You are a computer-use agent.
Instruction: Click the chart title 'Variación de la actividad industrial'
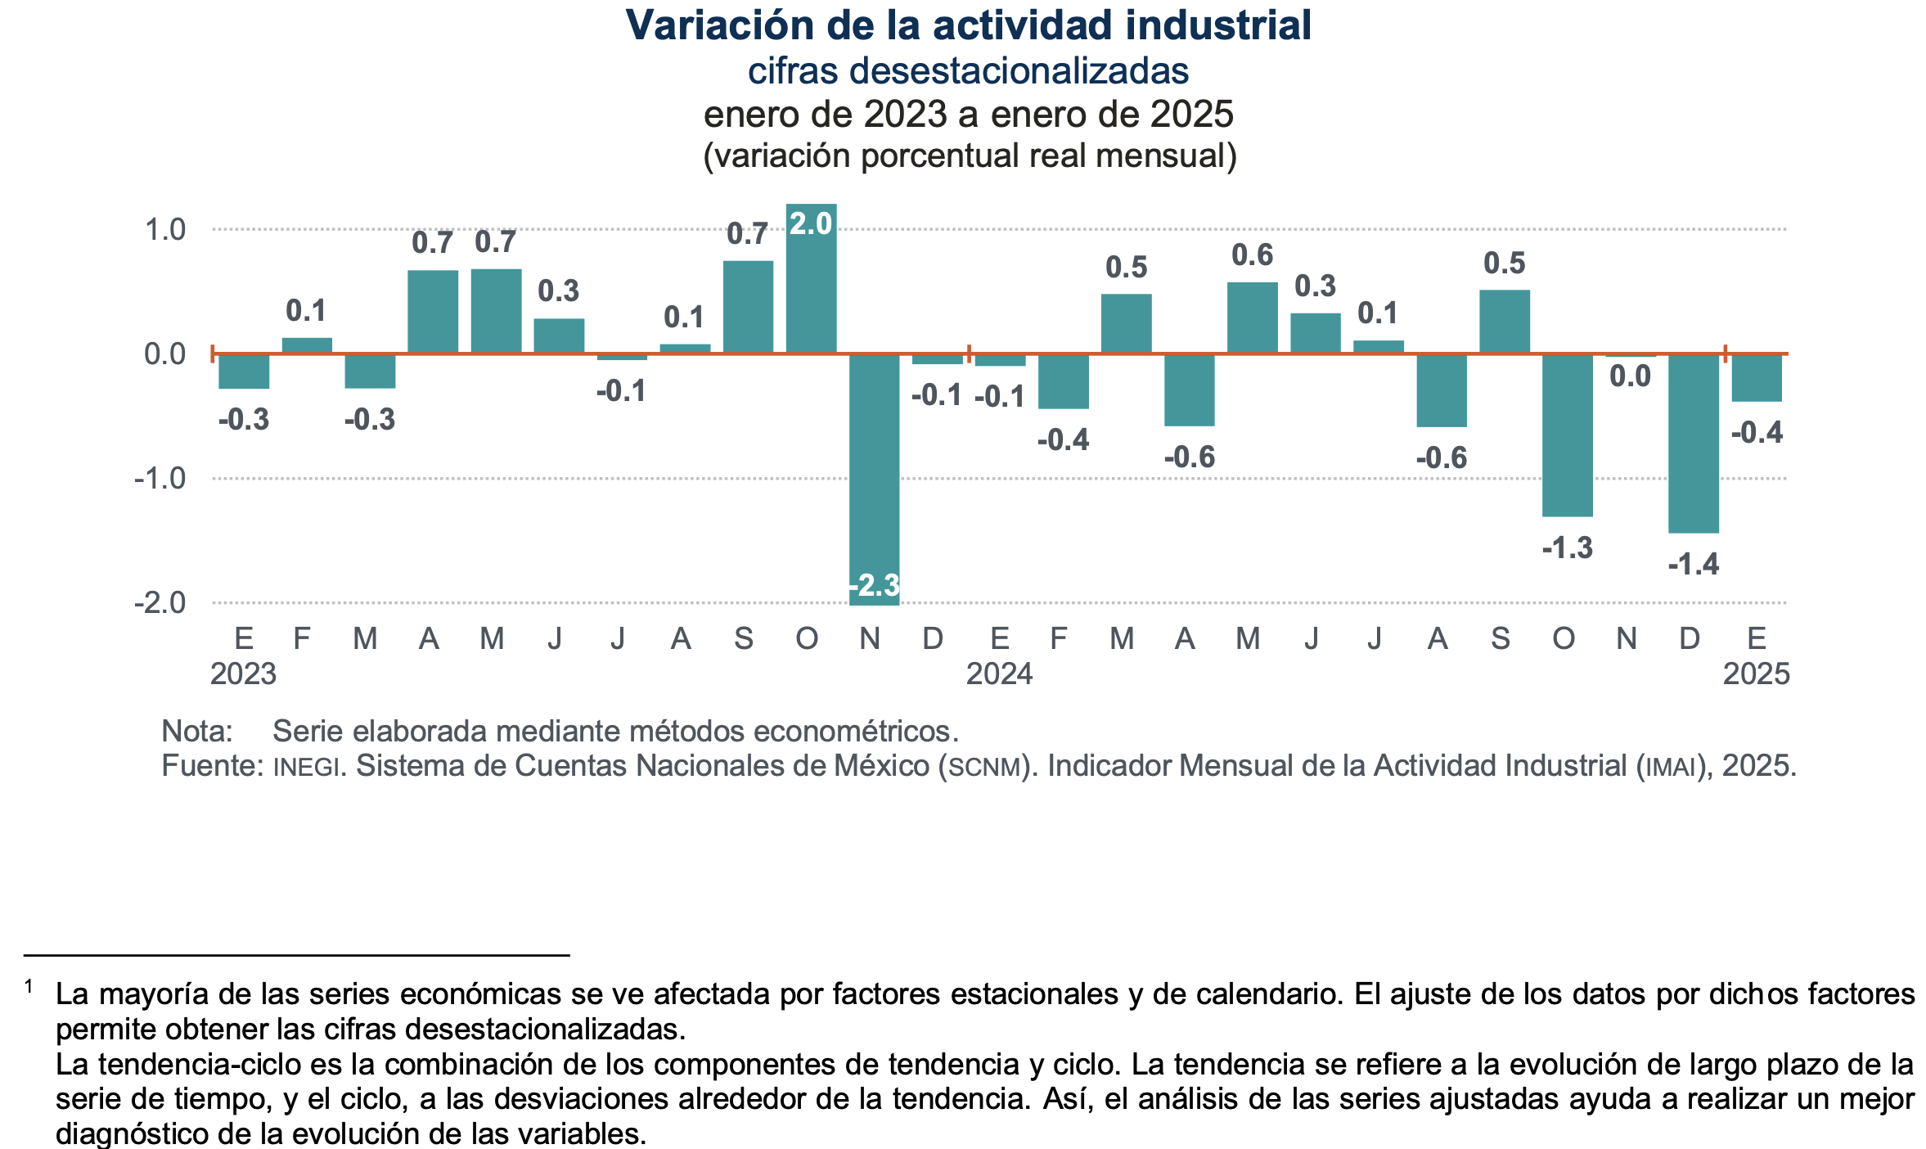(968, 25)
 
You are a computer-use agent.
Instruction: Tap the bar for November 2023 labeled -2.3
(874, 479)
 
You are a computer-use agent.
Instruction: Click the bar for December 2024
(1693, 443)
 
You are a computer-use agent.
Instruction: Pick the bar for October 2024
(1567, 435)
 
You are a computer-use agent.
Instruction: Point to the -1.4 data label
(1693, 564)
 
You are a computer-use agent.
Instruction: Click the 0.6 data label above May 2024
(1252, 255)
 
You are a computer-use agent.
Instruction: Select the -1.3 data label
(1567, 547)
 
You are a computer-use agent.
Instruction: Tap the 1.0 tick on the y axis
(165, 230)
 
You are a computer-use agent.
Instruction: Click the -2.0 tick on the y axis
(160, 603)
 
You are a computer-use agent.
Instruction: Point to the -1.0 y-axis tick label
(160, 479)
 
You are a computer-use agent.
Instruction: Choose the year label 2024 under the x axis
(999, 674)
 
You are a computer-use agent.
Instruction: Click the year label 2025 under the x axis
(1756, 674)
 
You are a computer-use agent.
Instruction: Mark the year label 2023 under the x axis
(243, 674)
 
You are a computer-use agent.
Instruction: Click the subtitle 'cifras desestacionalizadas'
(968, 71)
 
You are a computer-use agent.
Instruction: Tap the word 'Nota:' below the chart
(197, 731)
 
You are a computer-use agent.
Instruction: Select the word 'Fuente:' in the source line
(212, 766)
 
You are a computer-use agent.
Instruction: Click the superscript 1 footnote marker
(29, 987)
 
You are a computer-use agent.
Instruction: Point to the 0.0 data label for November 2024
(1630, 376)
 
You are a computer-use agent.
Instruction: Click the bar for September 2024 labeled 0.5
(1504, 322)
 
